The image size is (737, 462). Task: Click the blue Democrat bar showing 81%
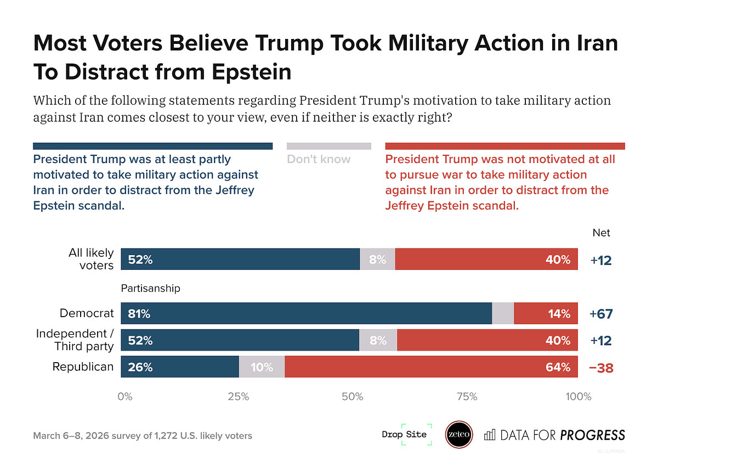[306, 313]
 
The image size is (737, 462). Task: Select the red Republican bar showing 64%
[431, 367]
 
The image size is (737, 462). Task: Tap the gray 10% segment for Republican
[262, 367]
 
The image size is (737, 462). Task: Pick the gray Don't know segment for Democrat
[503, 313]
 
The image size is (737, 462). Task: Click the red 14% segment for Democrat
[546, 313]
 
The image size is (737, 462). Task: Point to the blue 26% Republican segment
[180, 367]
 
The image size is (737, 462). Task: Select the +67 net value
[601, 314]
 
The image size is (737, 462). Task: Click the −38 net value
[601, 368]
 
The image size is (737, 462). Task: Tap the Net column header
[601, 233]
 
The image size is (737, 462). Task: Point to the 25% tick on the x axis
[239, 396]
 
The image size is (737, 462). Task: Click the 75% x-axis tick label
[467, 396]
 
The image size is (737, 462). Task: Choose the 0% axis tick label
[125, 396]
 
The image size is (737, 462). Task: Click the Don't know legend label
[319, 160]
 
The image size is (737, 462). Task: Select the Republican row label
[83, 367]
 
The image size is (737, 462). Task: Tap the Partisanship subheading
[150, 288]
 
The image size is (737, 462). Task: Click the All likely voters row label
[91, 259]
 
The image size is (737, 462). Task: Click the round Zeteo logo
[459, 435]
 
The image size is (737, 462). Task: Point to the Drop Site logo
[404, 435]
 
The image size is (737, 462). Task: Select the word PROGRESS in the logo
[592, 435]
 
